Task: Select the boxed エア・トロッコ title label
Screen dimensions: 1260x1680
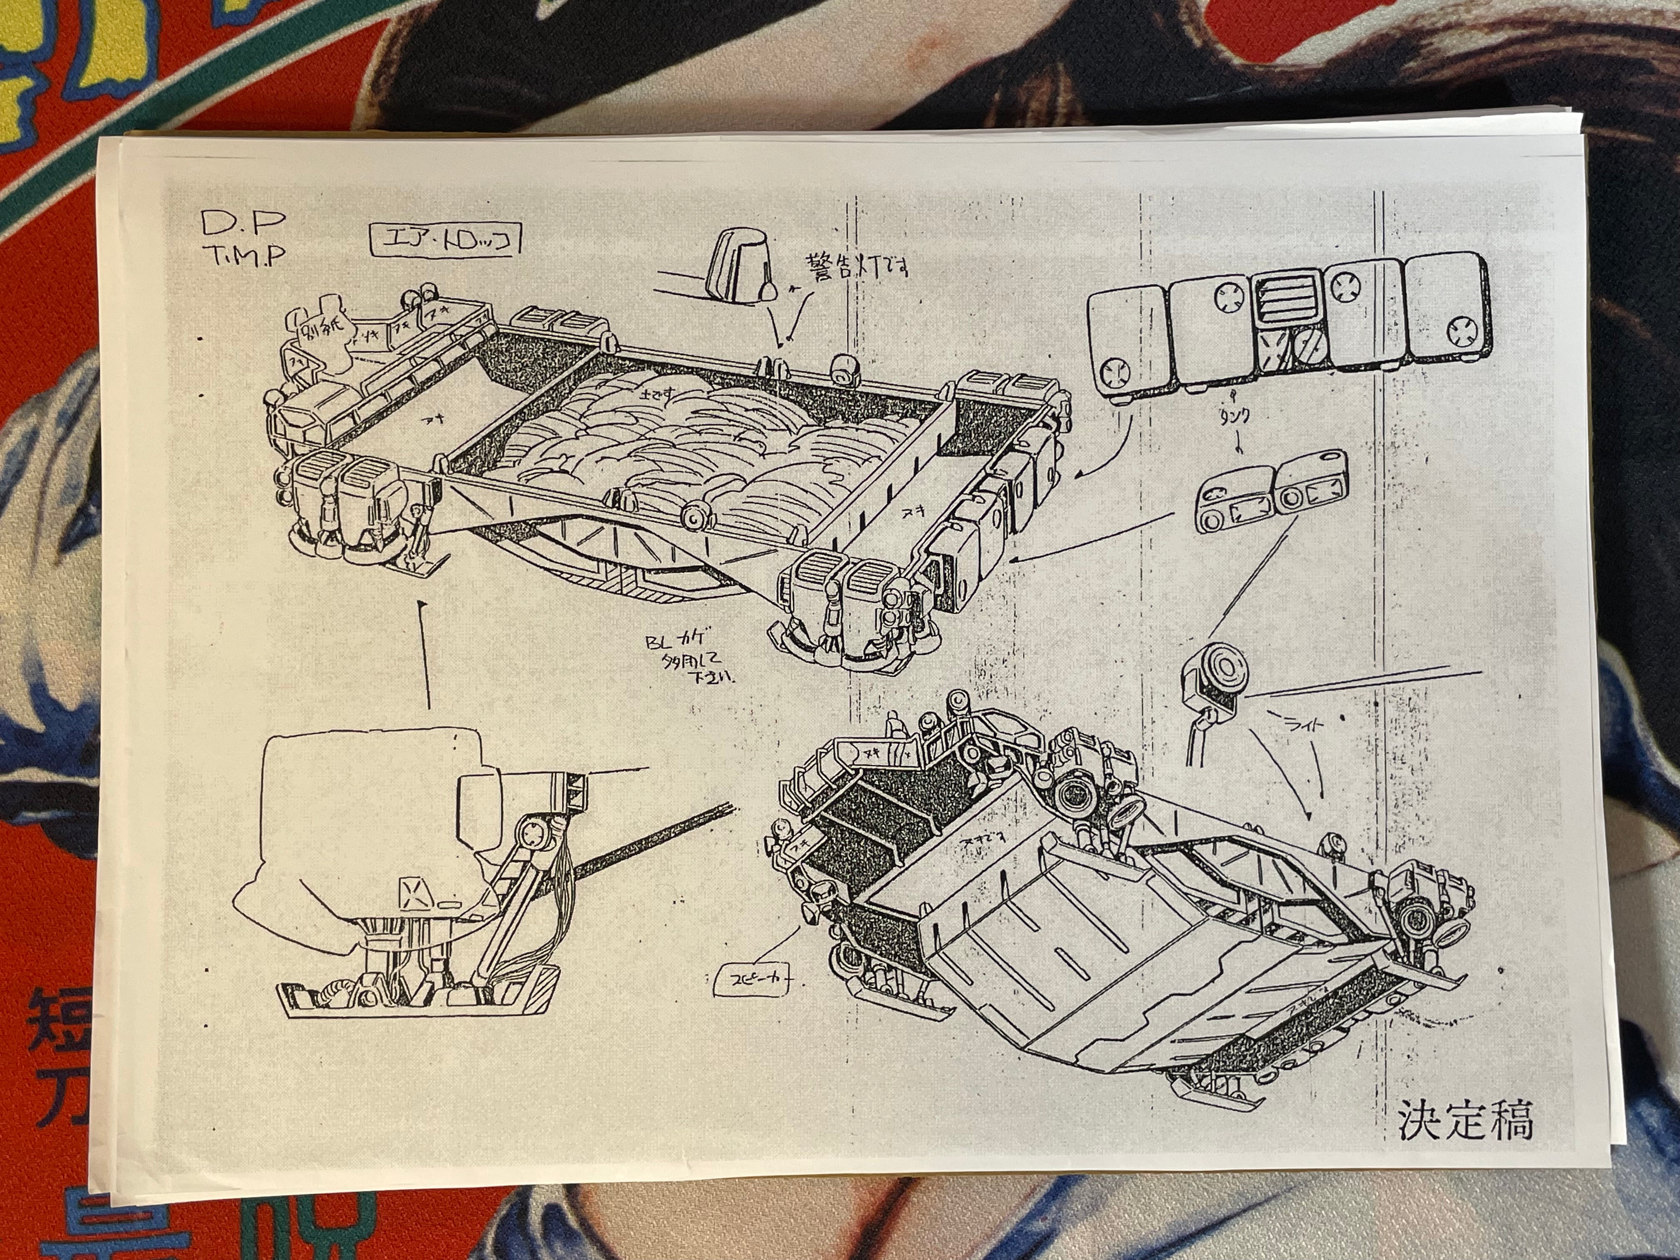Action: [444, 241]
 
